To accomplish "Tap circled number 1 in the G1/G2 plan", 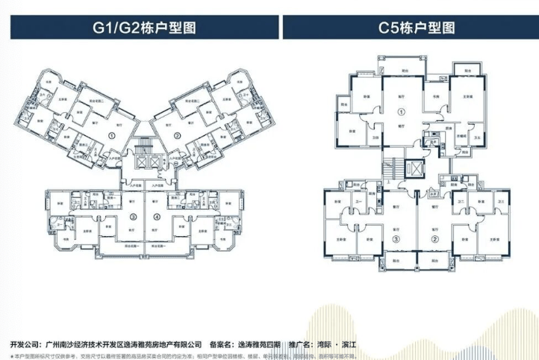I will point(111,136).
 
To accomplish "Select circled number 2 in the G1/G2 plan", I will point(178,135).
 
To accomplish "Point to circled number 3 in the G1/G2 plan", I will point(132,217).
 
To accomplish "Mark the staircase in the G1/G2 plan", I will point(145,143).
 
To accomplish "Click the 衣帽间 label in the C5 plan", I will point(462,137).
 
